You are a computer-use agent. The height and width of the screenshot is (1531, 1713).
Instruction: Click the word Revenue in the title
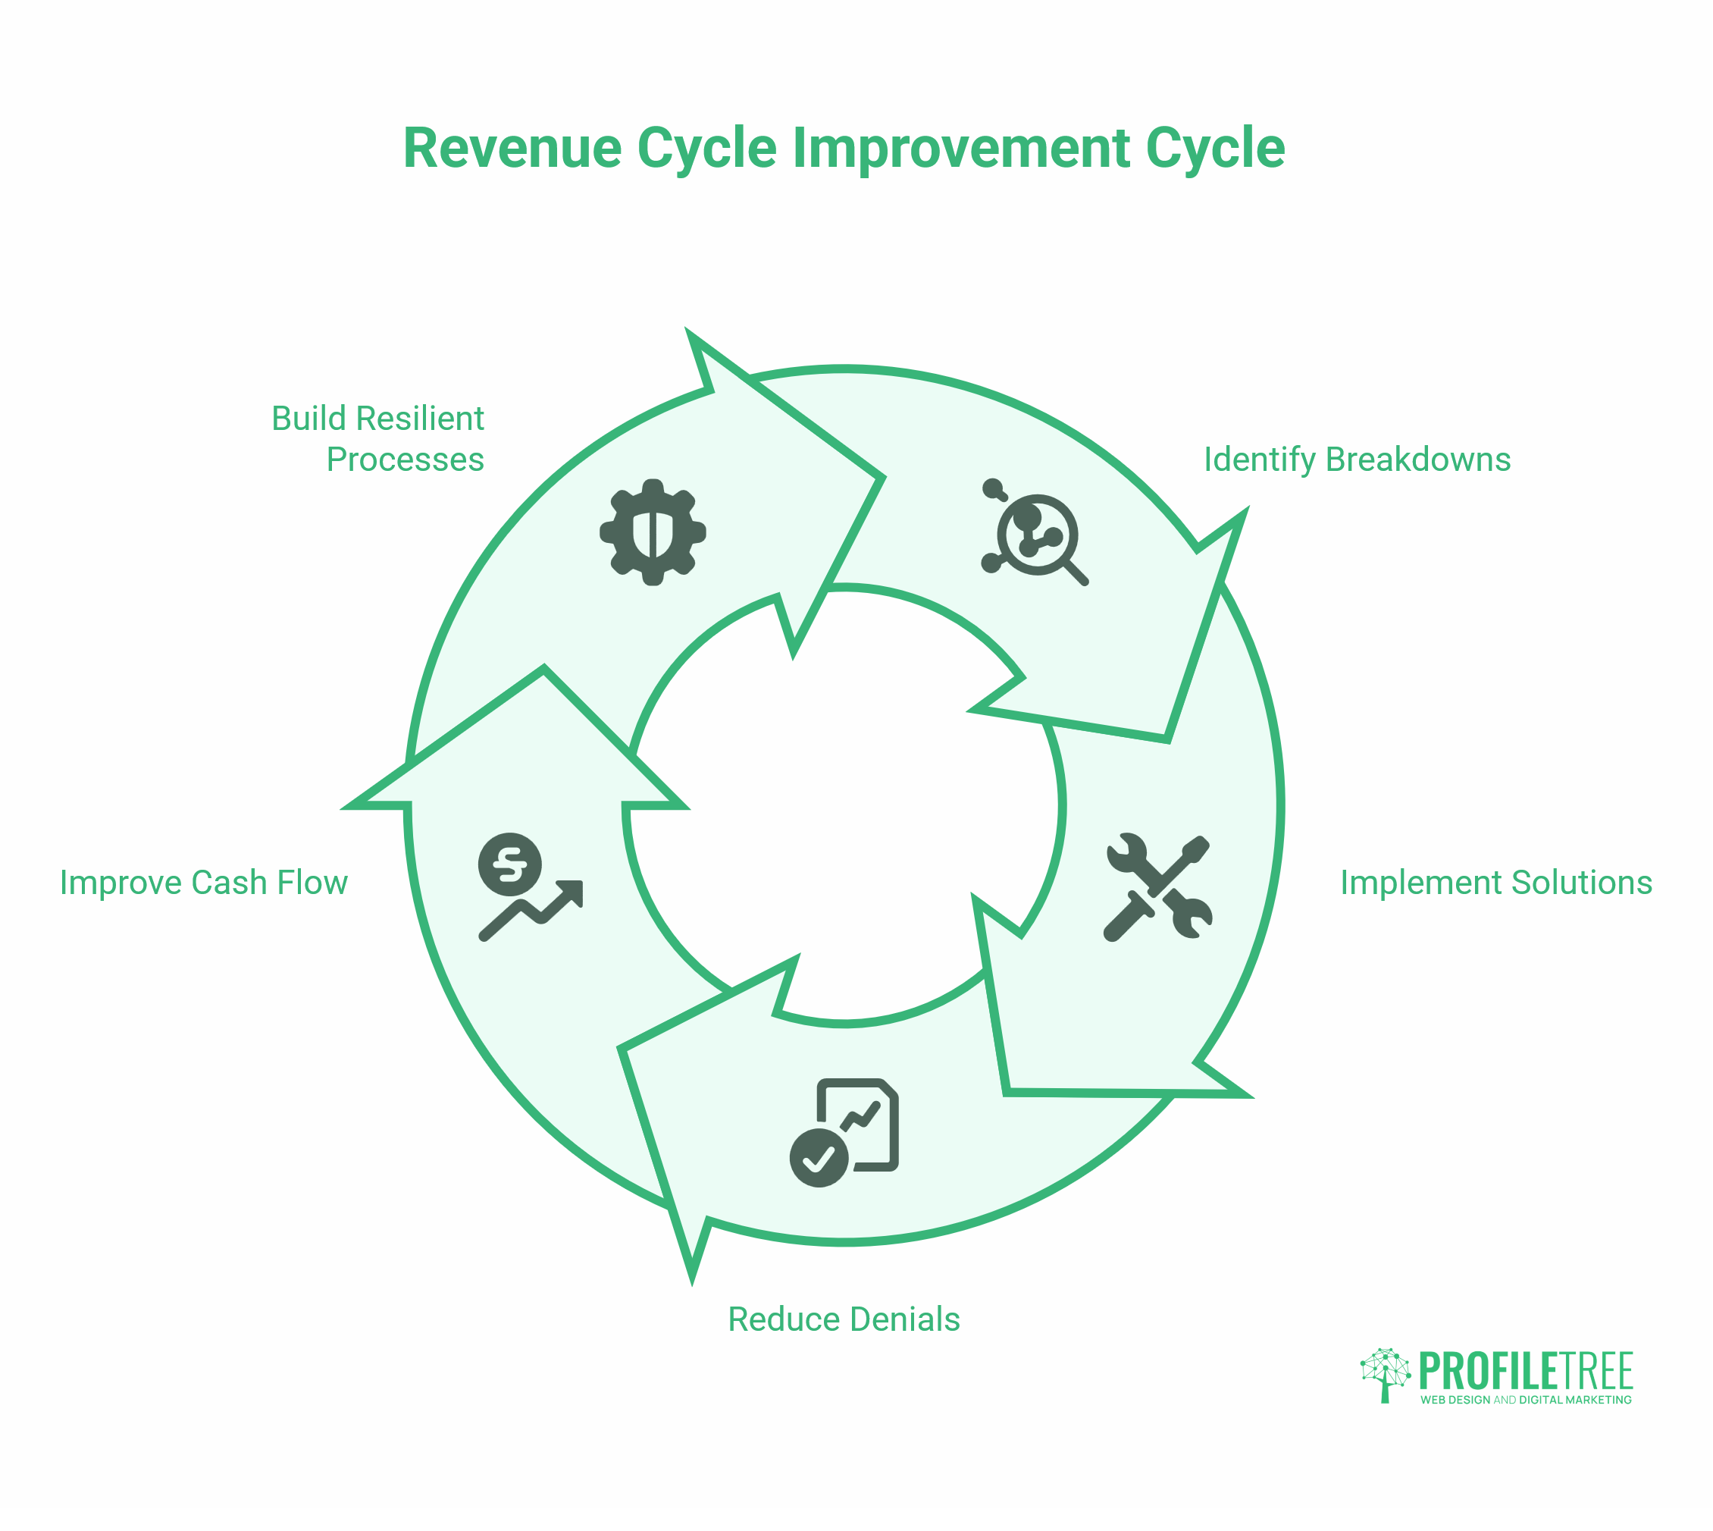coord(512,148)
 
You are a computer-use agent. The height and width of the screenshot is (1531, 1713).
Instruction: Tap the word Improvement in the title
coord(960,148)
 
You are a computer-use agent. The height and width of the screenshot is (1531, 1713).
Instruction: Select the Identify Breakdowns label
coord(1357,460)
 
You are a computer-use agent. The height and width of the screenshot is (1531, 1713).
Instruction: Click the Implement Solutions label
coord(1496,883)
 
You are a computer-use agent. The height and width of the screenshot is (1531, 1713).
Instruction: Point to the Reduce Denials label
coord(844,1319)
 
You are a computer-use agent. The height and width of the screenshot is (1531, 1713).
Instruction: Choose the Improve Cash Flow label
coord(203,883)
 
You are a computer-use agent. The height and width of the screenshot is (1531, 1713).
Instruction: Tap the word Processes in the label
coord(406,460)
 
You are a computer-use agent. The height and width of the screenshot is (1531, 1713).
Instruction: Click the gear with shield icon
coord(653,532)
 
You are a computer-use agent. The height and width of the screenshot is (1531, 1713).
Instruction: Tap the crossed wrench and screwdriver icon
coord(1158,887)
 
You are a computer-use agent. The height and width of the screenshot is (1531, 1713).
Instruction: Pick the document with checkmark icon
coord(845,1131)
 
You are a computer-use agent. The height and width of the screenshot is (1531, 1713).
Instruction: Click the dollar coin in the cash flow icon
coord(509,864)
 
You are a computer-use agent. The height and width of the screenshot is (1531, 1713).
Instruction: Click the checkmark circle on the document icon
coord(819,1157)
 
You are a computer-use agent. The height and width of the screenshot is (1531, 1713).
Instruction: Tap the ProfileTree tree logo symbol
coord(1385,1375)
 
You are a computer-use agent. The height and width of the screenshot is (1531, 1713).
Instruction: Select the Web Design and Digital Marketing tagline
coord(1526,1400)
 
